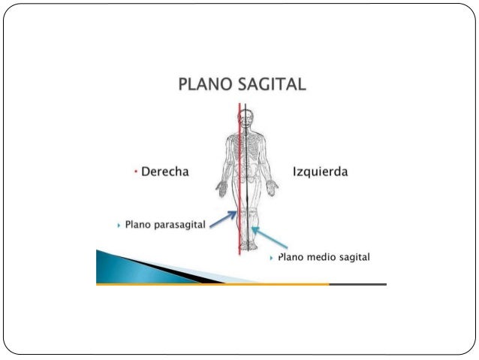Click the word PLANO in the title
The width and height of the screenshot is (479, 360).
point(205,84)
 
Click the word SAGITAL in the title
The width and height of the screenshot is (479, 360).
point(272,84)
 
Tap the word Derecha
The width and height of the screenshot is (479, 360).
point(164,172)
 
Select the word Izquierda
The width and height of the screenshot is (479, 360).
point(320,172)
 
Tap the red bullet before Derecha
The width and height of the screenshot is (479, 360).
point(134,172)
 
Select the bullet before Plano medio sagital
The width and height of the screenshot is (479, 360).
point(271,258)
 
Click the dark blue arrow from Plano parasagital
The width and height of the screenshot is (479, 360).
point(223,219)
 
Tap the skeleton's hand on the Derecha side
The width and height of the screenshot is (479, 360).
point(221,187)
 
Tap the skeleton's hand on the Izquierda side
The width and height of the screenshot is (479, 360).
point(273,187)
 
